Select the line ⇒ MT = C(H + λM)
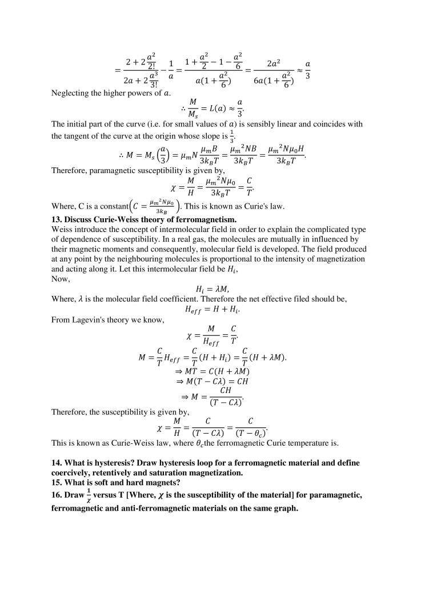click(x=213, y=370)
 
